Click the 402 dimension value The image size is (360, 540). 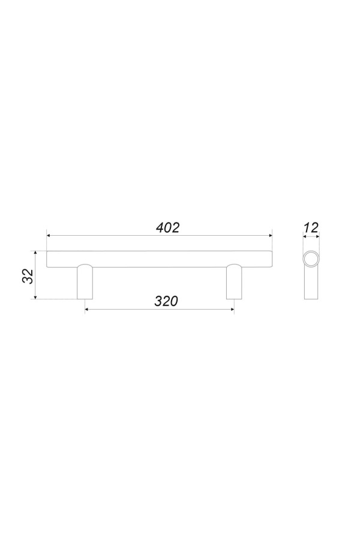click(168, 227)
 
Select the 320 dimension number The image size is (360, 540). click(166, 301)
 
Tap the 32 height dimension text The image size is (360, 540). click(28, 275)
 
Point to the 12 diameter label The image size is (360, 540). click(311, 227)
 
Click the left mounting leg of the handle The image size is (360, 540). click(85, 282)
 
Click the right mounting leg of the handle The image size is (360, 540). click(234, 282)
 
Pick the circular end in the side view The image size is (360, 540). click(311, 259)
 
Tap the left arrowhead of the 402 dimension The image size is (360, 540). click(49, 236)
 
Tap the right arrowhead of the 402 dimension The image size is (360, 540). click(270, 236)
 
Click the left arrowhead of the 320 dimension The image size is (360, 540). click(87, 309)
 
